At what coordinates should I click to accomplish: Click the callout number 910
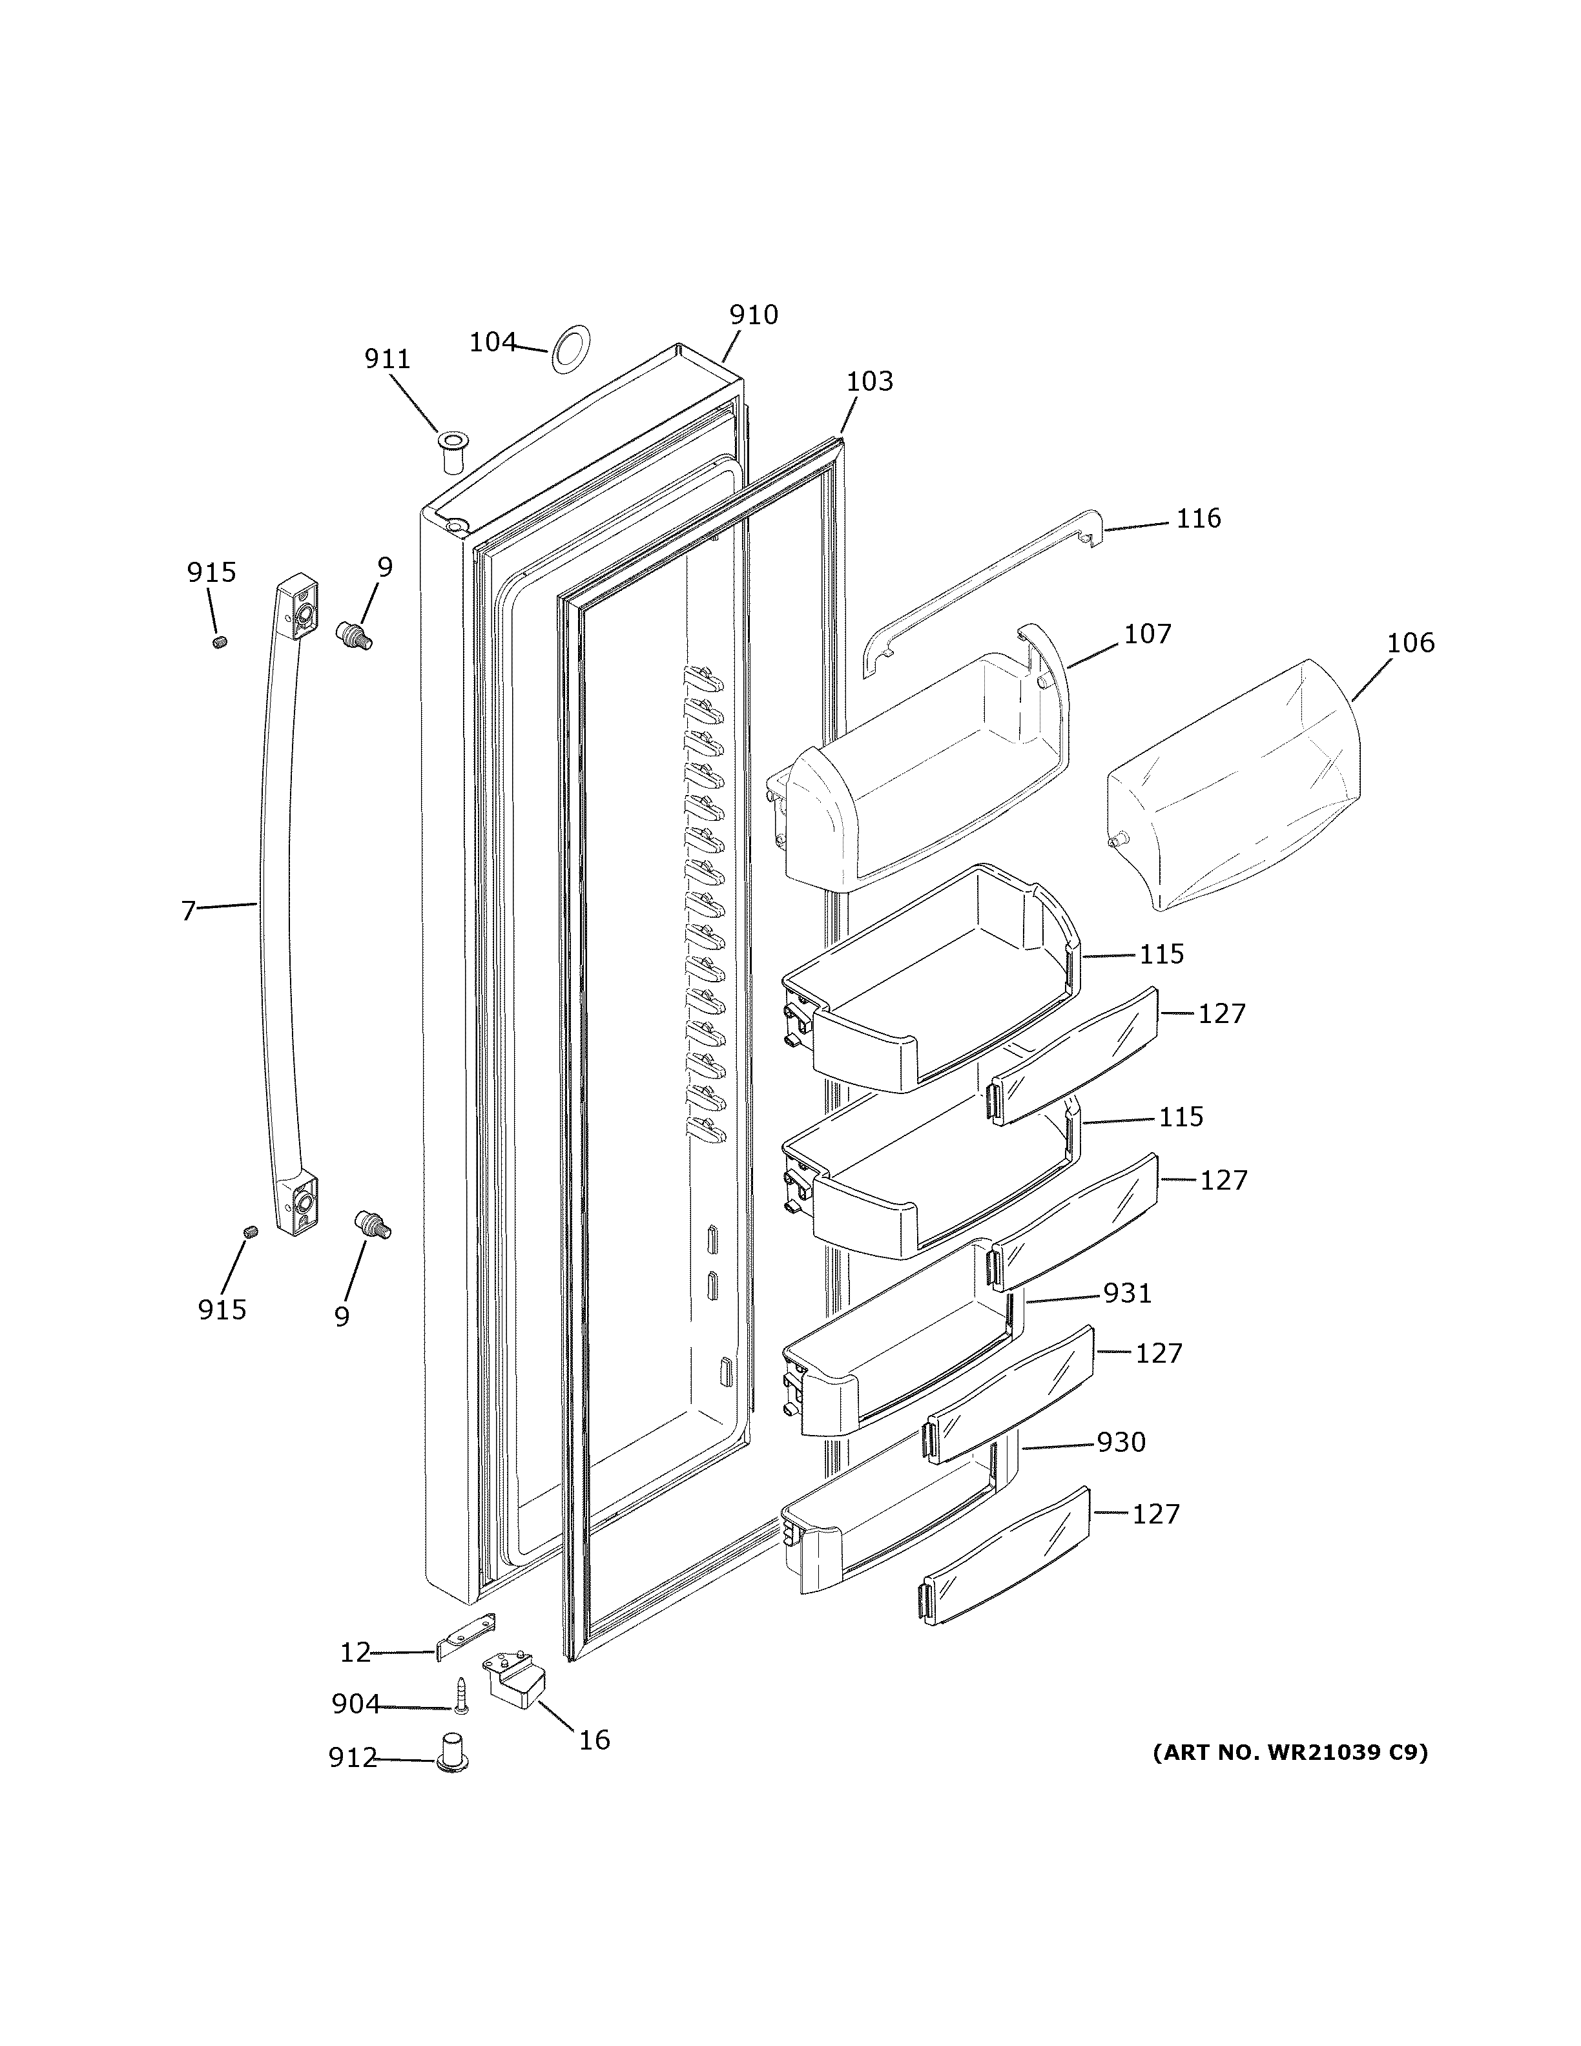[x=753, y=315]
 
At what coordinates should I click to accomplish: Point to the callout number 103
[x=869, y=381]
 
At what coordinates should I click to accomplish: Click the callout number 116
[x=1198, y=518]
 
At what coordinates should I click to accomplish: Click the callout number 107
[x=1148, y=634]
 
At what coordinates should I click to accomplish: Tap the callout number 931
[x=1127, y=1293]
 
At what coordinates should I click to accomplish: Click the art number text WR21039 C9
[x=1290, y=1752]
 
